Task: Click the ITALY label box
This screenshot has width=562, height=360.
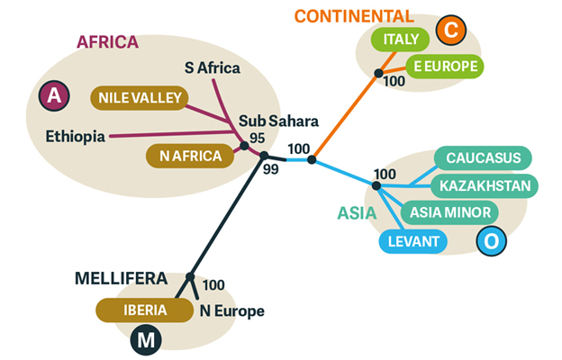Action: tap(399, 40)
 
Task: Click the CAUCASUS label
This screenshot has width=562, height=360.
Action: tap(483, 159)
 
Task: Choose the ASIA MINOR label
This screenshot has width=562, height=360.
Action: tap(449, 213)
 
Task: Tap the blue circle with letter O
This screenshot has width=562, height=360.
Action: tap(491, 241)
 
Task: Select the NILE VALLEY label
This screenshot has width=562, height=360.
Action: tap(138, 97)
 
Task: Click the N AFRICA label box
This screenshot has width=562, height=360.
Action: tap(190, 157)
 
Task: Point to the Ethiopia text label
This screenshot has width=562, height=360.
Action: tap(76, 137)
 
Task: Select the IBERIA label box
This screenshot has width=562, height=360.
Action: tap(144, 310)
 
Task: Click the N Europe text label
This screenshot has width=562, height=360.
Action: tap(231, 311)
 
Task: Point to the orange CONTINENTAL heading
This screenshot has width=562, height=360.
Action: tap(354, 15)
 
